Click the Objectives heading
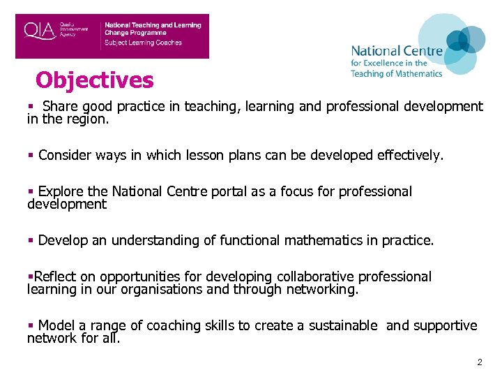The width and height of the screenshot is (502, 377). click(94, 80)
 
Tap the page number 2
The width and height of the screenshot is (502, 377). click(479, 362)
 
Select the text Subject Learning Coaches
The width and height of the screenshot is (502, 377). click(143, 43)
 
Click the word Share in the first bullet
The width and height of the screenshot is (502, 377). click(60, 107)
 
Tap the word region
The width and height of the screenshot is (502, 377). click(90, 119)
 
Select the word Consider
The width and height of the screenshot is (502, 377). click(66, 156)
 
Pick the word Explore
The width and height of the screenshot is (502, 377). click(62, 192)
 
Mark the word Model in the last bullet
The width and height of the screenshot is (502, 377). click(56, 326)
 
